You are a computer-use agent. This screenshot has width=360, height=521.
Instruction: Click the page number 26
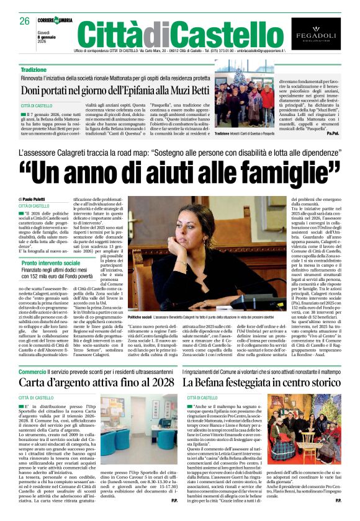pyautogui.click(x=24, y=20)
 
